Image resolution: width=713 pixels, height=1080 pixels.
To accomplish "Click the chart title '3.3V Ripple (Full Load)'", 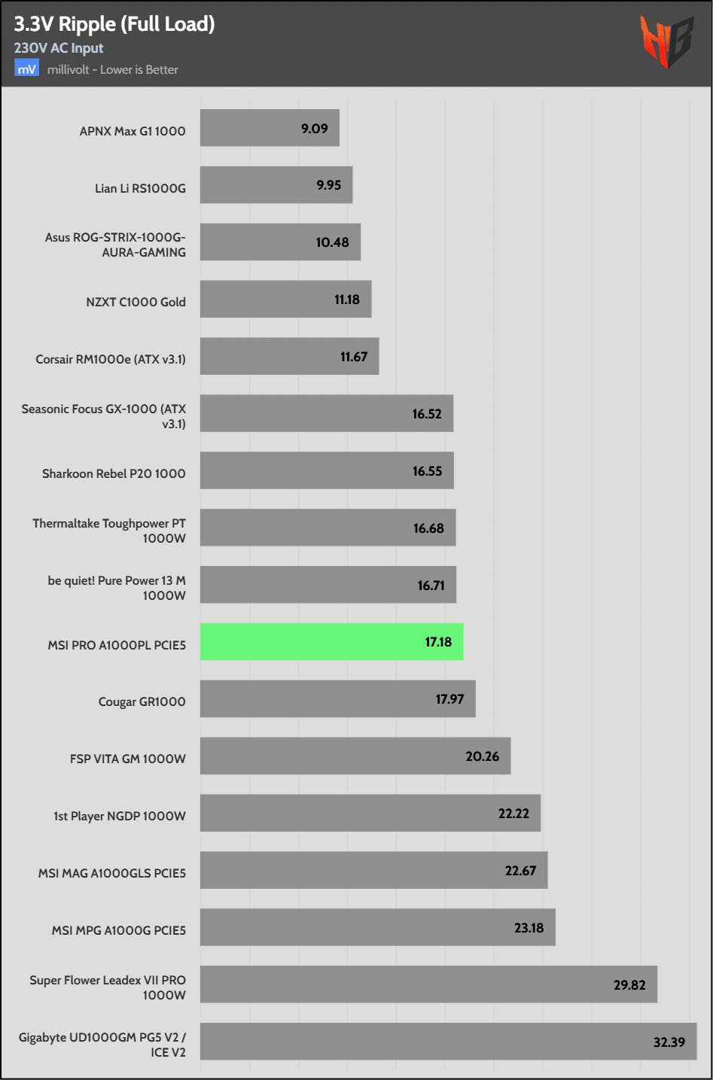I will (x=114, y=24).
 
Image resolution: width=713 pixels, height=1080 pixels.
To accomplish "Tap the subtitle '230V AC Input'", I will (x=59, y=48).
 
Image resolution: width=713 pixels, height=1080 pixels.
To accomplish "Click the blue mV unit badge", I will (x=26, y=69).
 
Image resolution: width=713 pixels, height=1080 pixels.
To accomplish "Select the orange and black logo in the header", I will (x=666, y=41).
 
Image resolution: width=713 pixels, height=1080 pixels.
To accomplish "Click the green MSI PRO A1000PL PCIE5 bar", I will (x=331, y=642).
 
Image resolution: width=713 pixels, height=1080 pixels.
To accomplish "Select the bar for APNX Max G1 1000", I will (x=270, y=128).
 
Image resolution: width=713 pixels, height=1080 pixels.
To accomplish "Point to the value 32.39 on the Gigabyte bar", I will (x=669, y=1042).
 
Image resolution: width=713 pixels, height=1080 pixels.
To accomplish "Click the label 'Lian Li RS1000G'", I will (x=140, y=188).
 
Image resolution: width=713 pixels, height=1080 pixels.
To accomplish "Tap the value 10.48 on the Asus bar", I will (x=332, y=242).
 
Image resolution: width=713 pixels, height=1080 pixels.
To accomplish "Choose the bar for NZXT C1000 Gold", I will (x=285, y=300).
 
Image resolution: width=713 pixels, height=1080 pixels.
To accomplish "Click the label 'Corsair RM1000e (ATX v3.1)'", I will (x=111, y=359).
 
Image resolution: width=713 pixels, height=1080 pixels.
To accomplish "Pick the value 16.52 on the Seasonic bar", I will (x=427, y=414).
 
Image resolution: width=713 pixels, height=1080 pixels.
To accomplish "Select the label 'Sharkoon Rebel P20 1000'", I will (x=114, y=473).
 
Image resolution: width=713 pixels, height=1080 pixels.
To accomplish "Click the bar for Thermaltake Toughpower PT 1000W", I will (x=328, y=528).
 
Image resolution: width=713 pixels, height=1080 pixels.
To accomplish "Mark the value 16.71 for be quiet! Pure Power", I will (x=431, y=586).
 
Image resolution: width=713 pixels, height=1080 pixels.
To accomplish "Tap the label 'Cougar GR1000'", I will (x=142, y=701).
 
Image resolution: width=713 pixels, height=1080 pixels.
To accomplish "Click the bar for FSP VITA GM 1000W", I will (x=355, y=756).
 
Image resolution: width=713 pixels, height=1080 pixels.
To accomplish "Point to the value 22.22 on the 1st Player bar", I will (x=513, y=814).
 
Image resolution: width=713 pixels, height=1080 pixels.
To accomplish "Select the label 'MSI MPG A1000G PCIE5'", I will (x=118, y=930).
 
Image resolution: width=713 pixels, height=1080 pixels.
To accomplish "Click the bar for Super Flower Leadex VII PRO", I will (x=428, y=984).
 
